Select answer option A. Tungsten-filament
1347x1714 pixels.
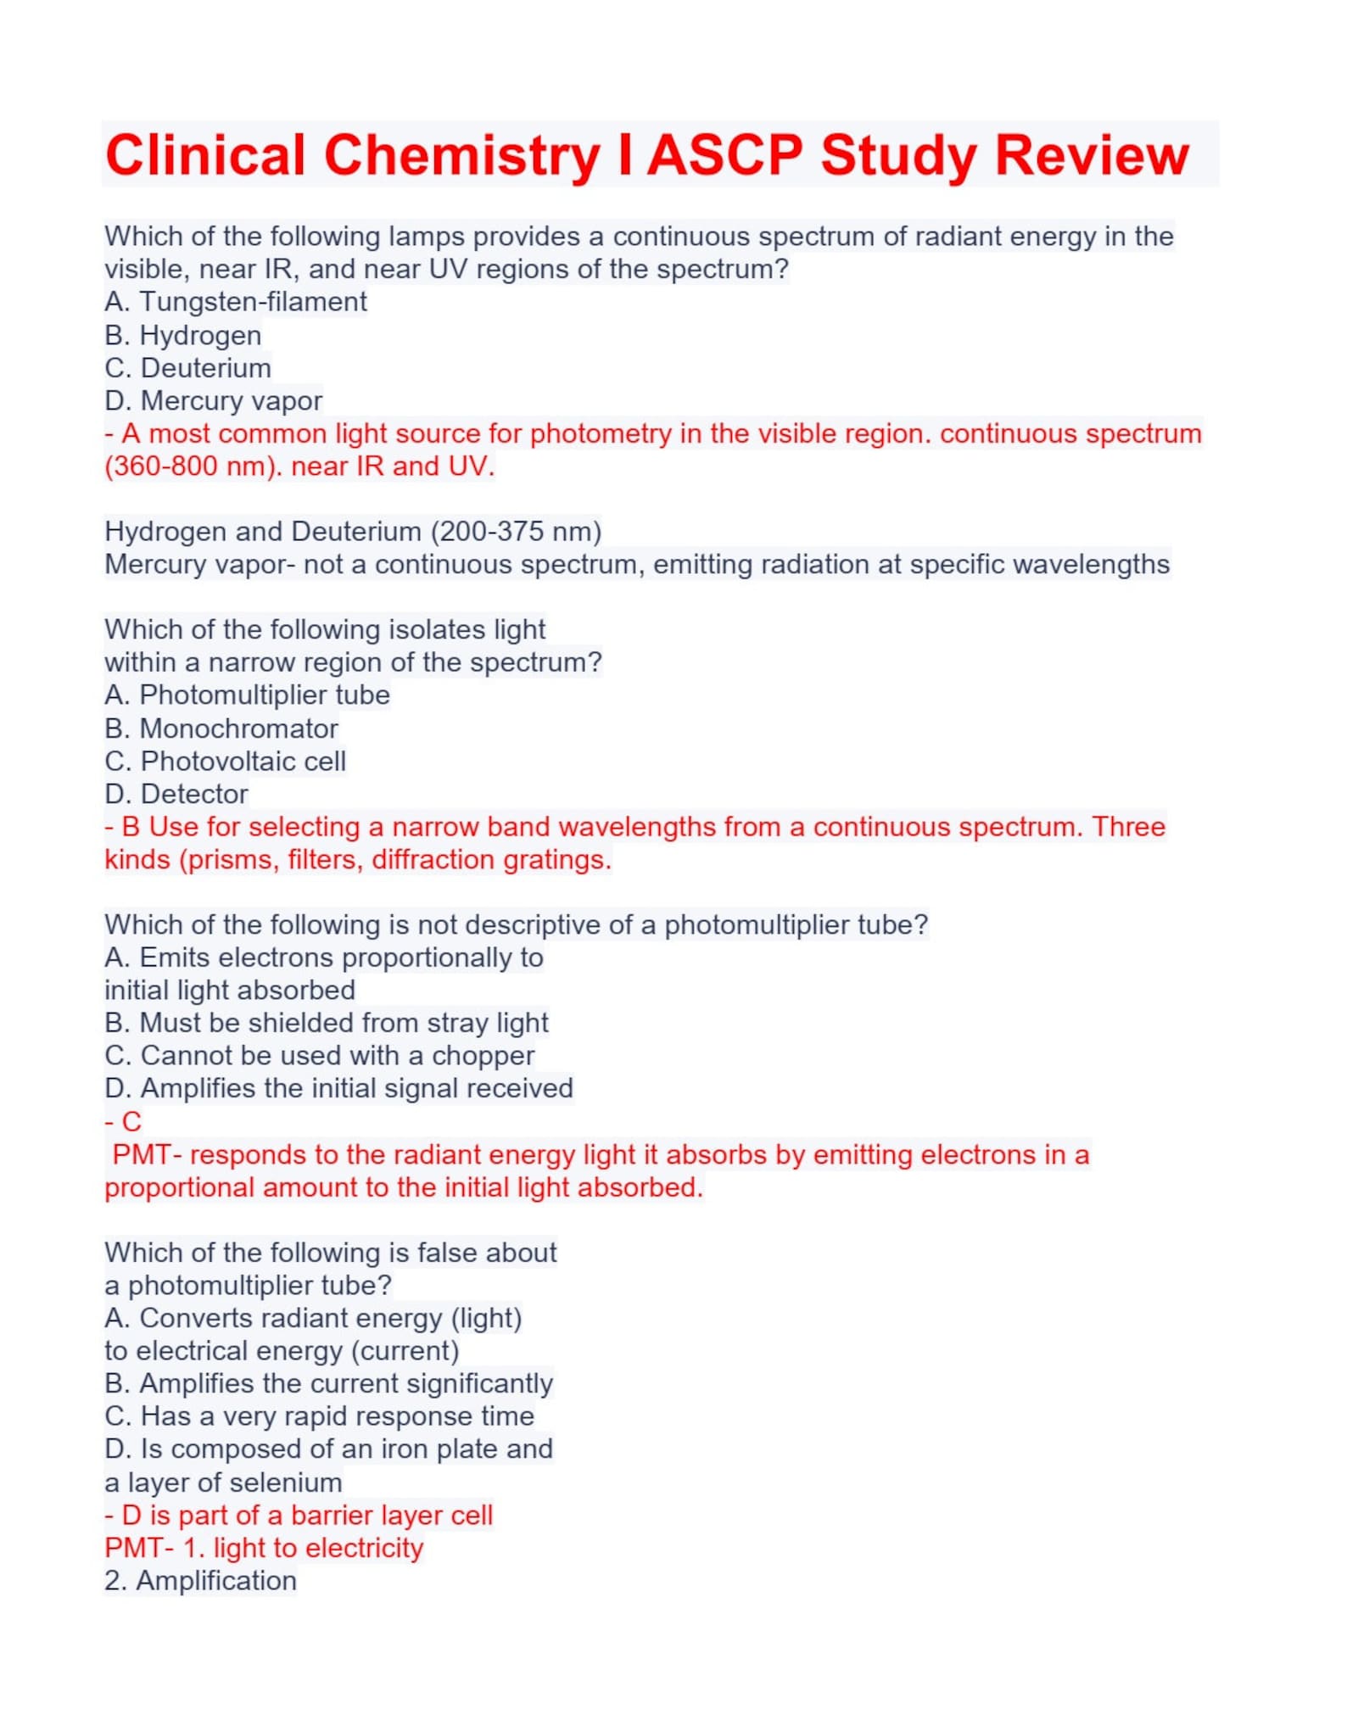[236, 302]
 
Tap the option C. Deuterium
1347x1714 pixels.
[187, 368]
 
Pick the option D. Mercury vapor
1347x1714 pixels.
[213, 400]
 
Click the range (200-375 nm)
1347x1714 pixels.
[516, 532]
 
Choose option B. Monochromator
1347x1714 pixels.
[221, 729]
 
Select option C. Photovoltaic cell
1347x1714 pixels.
[225, 762]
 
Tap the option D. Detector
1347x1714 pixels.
[176, 795]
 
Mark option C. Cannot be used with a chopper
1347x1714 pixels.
[319, 1056]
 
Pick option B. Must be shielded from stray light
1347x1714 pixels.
[326, 1024]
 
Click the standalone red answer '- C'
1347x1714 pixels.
[123, 1122]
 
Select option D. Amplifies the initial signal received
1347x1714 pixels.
[338, 1089]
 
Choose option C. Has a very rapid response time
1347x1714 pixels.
[319, 1416]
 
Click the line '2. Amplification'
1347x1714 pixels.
[200, 1581]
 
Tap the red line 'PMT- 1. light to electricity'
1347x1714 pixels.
[263, 1548]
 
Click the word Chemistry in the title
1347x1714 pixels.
[461, 156]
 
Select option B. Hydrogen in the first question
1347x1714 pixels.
[182, 336]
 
